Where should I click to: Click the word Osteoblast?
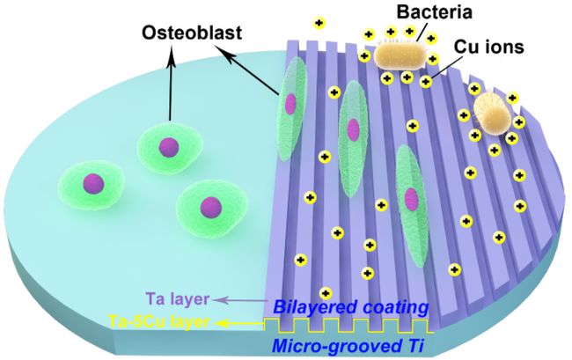(x=192, y=33)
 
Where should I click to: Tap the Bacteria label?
(x=435, y=11)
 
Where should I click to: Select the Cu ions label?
(x=488, y=47)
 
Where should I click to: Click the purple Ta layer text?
(x=178, y=299)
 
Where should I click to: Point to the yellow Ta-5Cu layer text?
(x=159, y=321)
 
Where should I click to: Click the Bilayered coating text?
(x=350, y=307)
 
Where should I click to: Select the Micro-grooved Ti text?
(x=348, y=346)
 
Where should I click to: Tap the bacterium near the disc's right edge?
(x=491, y=114)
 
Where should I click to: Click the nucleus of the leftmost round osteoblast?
(x=93, y=183)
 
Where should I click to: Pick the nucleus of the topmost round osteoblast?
(x=169, y=147)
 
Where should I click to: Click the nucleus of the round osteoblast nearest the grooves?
(x=211, y=207)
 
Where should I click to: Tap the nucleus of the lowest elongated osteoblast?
(x=411, y=199)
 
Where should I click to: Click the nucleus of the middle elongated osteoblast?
(x=353, y=129)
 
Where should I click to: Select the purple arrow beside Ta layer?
(x=240, y=300)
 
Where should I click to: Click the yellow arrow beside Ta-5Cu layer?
(x=240, y=323)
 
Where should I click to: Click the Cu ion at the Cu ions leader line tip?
(x=425, y=81)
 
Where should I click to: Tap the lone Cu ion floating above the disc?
(x=319, y=24)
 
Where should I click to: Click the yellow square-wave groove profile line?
(x=348, y=326)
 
